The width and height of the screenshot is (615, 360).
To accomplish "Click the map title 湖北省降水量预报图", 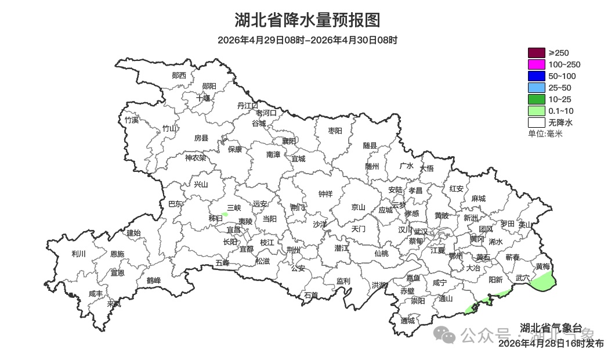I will click(x=307, y=20).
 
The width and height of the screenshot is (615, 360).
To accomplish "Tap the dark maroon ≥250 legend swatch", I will click(x=536, y=53).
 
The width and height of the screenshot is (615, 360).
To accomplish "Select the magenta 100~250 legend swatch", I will click(x=536, y=64).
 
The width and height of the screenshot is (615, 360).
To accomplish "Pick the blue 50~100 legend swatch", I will click(x=536, y=76).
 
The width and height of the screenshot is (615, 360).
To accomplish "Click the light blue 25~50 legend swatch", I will click(x=536, y=88).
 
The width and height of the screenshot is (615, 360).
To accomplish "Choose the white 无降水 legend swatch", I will click(x=536, y=123).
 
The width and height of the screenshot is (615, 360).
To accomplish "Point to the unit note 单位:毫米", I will click(x=545, y=134).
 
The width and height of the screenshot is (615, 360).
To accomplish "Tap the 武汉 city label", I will click(x=420, y=231).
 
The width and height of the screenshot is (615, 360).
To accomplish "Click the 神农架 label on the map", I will click(x=195, y=157).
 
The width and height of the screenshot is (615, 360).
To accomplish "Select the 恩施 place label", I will click(x=117, y=254).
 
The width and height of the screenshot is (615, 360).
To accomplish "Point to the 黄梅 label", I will click(x=542, y=267).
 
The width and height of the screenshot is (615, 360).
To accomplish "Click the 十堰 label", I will click(x=202, y=98).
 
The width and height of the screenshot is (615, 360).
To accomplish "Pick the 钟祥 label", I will click(x=325, y=194).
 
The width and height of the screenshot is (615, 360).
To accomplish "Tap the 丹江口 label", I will click(x=247, y=105).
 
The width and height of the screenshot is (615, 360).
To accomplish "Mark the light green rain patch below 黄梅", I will click(x=543, y=282).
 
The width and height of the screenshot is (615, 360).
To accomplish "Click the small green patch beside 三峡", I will click(x=225, y=214).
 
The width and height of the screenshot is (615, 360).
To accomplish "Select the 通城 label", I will click(x=408, y=321).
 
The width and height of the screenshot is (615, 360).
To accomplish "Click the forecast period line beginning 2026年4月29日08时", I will click(x=307, y=40).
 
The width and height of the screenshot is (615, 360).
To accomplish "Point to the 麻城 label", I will click(x=478, y=199).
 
